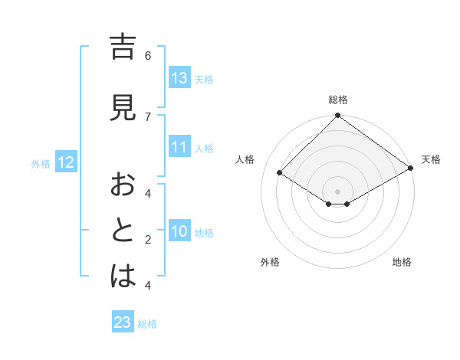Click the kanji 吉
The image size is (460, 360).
pyautogui.click(x=123, y=47)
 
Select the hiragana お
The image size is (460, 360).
pyautogui.click(x=123, y=185)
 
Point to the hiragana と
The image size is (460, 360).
pyautogui.click(x=123, y=231)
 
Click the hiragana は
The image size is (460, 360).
pyautogui.click(x=123, y=277)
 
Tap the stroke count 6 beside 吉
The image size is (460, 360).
pyautogui.click(x=148, y=56)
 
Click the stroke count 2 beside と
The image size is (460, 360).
pyautogui.click(x=148, y=240)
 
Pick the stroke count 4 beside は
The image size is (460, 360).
pyautogui.click(x=148, y=286)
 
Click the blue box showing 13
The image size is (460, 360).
pyautogui.click(x=179, y=78)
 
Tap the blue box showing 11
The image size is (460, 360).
pyautogui.click(x=179, y=148)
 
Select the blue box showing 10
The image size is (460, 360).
pyautogui.click(x=179, y=231)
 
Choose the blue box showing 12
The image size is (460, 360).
pyautogui.click(x=65, y=162)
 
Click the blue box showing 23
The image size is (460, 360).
pyautogui.click(x=123, y=322)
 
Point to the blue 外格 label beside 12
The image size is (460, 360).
pyautogui.click(x=41, y=163)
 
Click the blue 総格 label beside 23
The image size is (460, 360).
pyautogui.click(x=147, y=324)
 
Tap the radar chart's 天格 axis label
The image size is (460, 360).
pyautogui.click(x=431, y=159)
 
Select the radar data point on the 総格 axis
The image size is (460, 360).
pyautogui.click(x=337, y=116)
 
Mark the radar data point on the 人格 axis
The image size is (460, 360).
pyautogui.click(x=280, y=172)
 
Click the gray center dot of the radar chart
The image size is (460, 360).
pyautogui.click(x=337, y=191)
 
